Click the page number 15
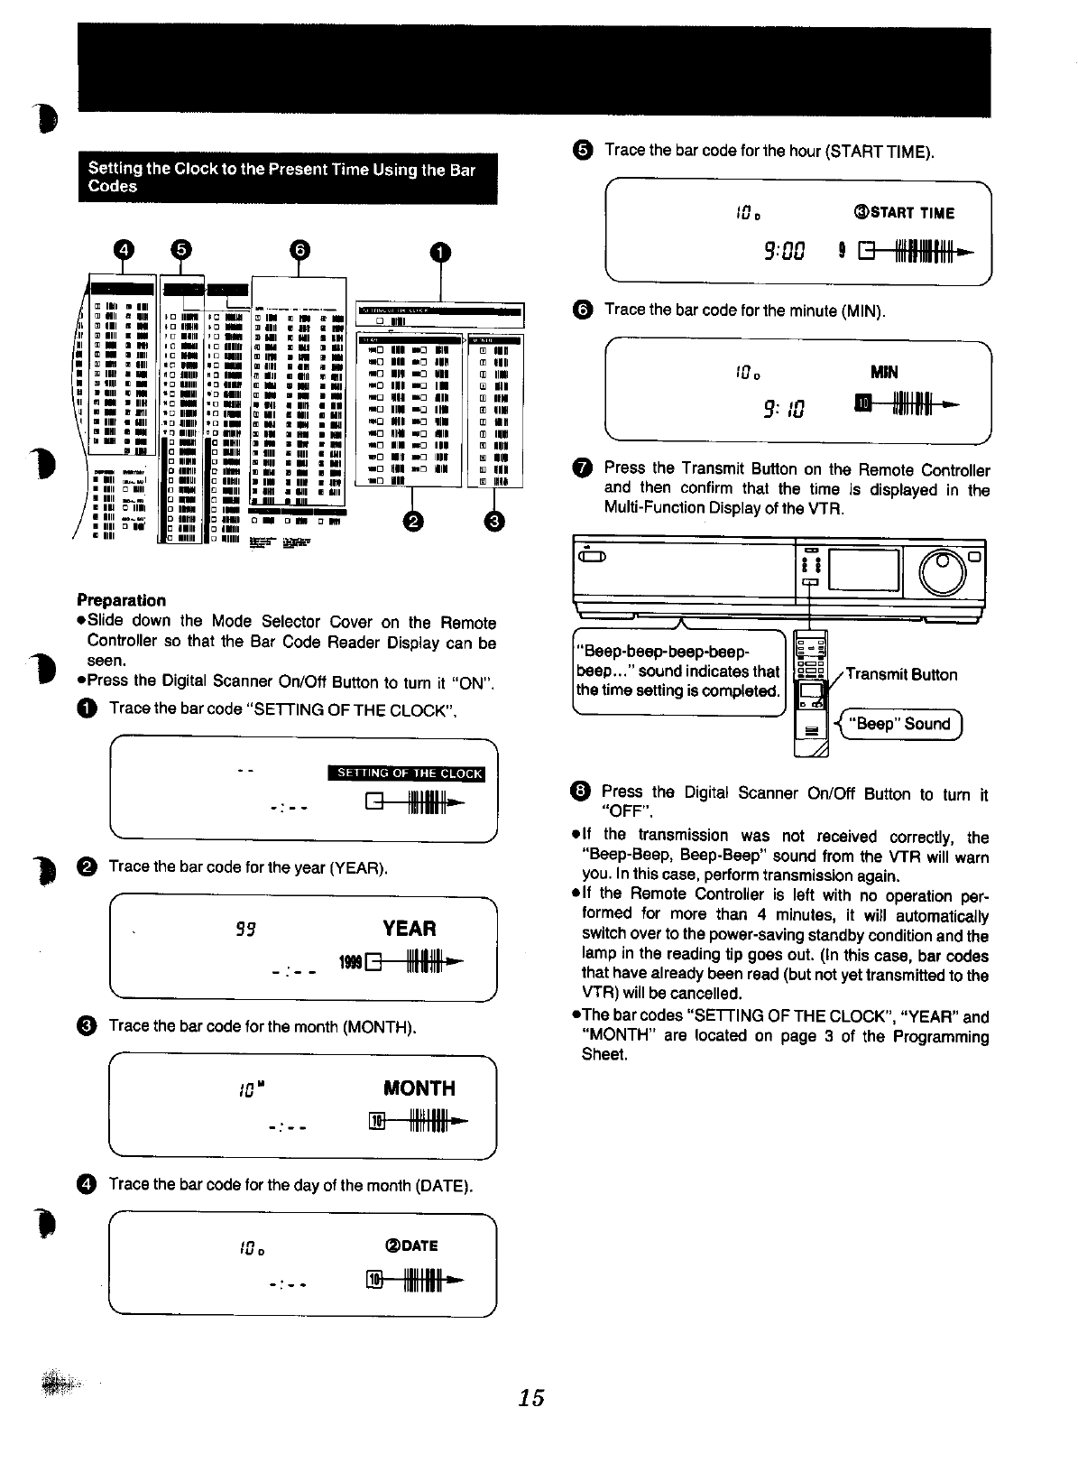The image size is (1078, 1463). (x=531, y=1397)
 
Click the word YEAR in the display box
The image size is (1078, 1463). (x=409, y=929)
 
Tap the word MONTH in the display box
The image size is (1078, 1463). (x=419, y=1088)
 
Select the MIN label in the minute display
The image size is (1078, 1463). (x=884, y=372)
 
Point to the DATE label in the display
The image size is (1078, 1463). (x=410, y=1246)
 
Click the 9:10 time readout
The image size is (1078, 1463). (x=782, y=410)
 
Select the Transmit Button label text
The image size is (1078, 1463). (x=901, y=674)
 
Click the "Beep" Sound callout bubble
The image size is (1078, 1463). (x=902, y=724)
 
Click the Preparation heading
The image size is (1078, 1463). (x=121, y=600)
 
